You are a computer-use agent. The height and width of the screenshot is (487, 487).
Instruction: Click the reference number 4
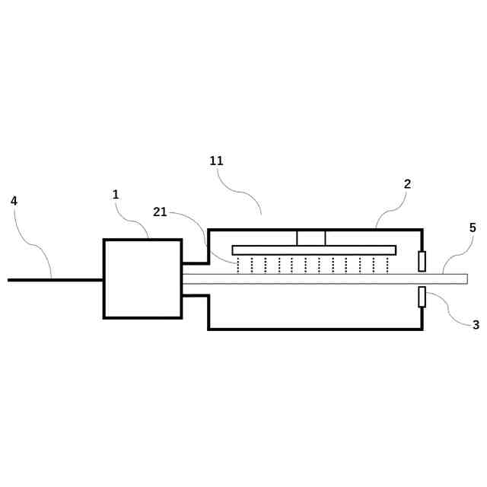(x=14, y=201)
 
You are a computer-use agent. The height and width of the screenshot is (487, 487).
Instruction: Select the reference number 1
(x=116, y=195)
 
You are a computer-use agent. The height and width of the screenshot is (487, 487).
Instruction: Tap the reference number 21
(x=160, y=212)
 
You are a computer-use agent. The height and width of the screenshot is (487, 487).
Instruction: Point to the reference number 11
(x=217, y=161)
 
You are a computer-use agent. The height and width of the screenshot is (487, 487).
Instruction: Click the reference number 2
(x=407, y=184)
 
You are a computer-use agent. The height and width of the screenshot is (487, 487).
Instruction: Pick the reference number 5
(x=473, y=228)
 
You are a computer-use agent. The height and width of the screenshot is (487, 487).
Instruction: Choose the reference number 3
(x=476, y=325)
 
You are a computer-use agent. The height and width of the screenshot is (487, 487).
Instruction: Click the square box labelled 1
(x=142, y=279)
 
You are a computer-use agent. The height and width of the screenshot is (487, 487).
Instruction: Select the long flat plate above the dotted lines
(x=314, y=250)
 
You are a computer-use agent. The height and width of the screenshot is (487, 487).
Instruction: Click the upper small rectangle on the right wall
(x=422, y=262)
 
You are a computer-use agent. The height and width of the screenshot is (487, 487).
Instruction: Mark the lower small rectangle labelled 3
(x=422, y=297)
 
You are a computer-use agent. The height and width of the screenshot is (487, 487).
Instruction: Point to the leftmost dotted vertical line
(x=238, y=265)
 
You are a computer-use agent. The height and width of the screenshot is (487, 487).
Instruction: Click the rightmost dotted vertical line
(x=388, y=265)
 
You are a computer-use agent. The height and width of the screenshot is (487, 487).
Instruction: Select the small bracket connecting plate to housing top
(x=310, y=237)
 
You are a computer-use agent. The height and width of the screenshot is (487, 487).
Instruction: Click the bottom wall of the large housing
(x=315, y=329)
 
